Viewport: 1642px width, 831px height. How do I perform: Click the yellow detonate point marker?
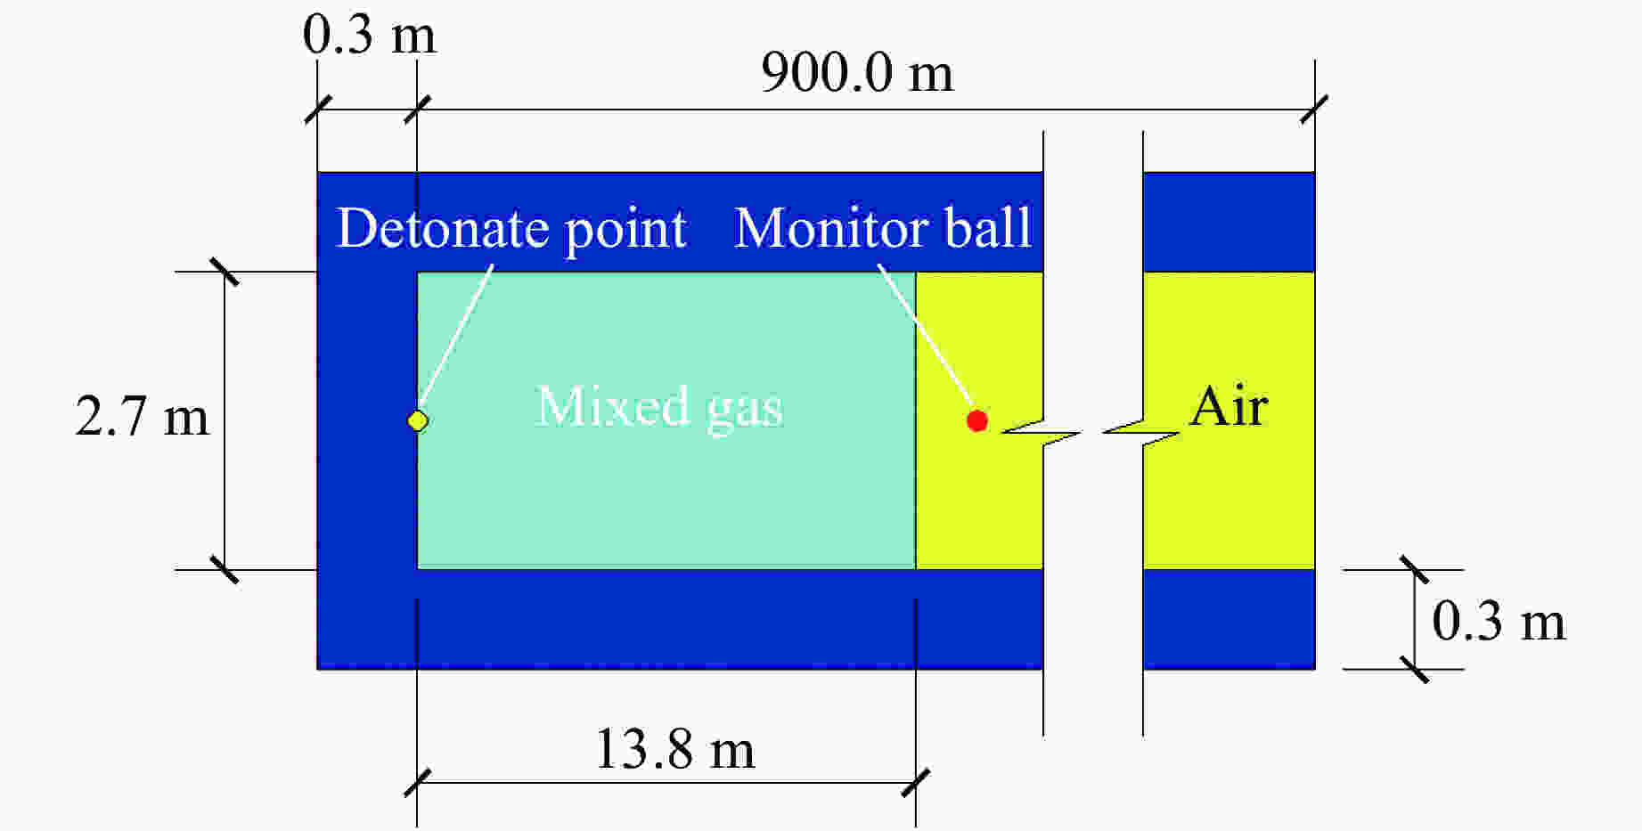pyautogui.click(x=417, y=420)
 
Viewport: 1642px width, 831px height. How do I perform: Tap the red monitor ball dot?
pyautogui.click(x=977, y=420)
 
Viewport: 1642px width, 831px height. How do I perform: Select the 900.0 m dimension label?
pyautogui.click(x=857, y=72)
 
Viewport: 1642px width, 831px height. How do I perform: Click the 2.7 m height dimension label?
pyautogui.click(x=143, y=417)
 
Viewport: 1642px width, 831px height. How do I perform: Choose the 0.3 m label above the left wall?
pyautogui.click(x=370, y=36)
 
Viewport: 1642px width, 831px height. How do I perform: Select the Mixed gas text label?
pyautogui.click(x=659, y=408)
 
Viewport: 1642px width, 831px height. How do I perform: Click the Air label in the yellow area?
pyautogui.click(x=1229, y=407)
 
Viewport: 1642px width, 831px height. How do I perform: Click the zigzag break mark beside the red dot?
pyautogui.click(x=1041, y=433)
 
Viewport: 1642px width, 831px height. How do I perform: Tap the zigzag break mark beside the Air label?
pyautogui.click(x=1142, y=433)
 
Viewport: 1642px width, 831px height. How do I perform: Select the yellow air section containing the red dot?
pyautogui.click(x=979, y=420)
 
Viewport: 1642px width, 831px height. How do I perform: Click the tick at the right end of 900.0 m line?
pyautogui.click(x=1314, y=110)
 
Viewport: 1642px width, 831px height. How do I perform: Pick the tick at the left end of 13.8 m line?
pyautogui.click(x=417, y=783)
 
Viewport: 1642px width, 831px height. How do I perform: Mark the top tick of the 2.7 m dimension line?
pyautogui.click(x=225, y=272)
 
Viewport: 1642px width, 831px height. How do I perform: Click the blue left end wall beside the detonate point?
pyautogui.click(x=367, y=420)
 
